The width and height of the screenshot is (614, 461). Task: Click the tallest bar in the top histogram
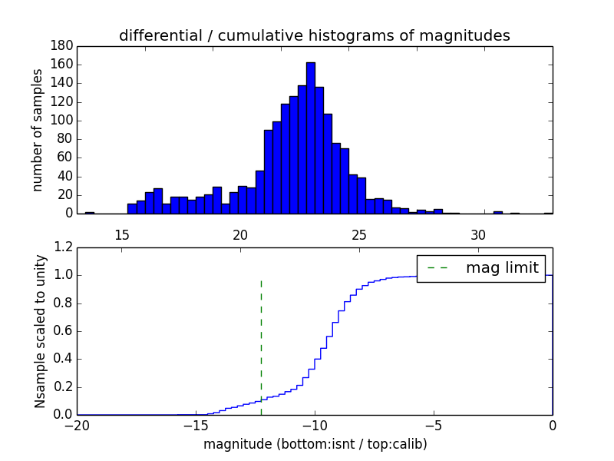[x=310, y=138]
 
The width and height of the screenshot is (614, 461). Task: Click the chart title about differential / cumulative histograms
[x=314, y=35]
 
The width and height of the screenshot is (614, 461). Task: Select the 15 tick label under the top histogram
[x=121, y=234]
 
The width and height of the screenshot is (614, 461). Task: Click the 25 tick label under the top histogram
[x=359, y=234]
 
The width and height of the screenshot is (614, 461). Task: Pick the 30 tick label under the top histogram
[x=478, y=234]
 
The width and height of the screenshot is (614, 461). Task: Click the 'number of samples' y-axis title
[x=37, y=130]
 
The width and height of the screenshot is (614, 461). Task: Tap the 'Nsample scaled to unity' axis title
[x=40, y=331]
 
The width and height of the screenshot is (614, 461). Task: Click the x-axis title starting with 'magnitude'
[x=315, y=444]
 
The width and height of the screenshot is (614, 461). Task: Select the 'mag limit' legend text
[x=502, y=268]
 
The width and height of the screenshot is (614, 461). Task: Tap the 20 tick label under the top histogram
[x=240, y=234]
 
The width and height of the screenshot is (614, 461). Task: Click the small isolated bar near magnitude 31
[x=497, y=212]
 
